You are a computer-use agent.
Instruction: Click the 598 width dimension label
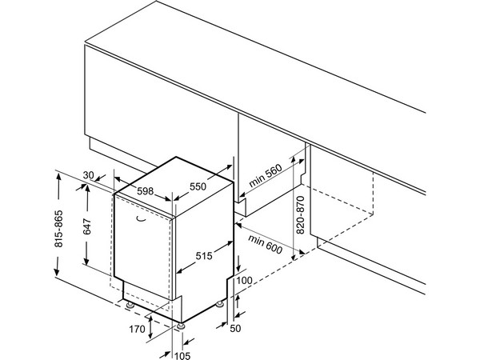click(145, 191)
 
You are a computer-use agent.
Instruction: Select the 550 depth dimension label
click(198, 186)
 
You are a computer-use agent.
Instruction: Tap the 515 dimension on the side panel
click(204, 256)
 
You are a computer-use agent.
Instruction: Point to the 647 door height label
click(87, 226)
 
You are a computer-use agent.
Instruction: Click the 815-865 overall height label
click(58, 229)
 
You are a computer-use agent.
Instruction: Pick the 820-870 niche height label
click(301, 215)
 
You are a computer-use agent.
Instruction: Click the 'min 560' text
click(266, 176)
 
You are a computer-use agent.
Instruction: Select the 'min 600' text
click(265, 244)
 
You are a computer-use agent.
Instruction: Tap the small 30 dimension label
click(89, 175)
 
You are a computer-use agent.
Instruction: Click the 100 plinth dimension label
click(245, 280)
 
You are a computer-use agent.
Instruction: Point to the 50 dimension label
click(235, 328)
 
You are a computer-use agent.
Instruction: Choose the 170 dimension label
click(137, 329)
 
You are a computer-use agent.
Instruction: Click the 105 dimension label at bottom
click(182, 355)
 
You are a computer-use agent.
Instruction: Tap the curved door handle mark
click(141, 219)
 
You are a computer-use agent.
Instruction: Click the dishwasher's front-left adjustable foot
click(130, 306)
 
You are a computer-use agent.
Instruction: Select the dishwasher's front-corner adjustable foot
click(181, 326)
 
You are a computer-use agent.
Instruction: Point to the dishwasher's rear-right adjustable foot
click(219, 304)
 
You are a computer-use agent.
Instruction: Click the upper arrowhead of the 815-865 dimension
click(58, 176)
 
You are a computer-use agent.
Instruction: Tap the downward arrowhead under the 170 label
click(151, 334)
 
